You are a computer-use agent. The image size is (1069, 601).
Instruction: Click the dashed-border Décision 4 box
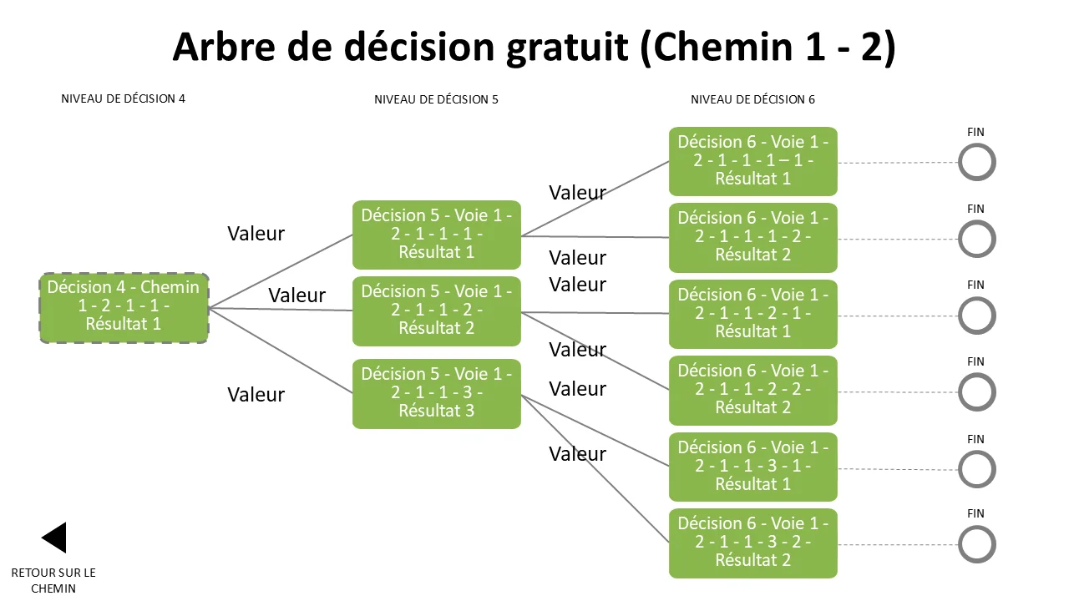pyautogui.click(x=124, y=308)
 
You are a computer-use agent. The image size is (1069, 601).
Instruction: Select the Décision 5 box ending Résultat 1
pyautogui.click(x=437, y=235)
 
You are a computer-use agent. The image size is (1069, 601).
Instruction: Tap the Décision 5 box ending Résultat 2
pyautogui.click(x=437, y=311)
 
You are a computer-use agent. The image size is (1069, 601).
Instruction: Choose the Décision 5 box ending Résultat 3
pyautogui.click(x=437, y=393)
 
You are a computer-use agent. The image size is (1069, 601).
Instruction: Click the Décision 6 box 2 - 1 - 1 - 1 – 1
pyautogui.click(x=753, y=161)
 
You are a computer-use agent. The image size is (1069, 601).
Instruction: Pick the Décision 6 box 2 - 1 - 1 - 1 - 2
pyautogui.click(x=753, y=238)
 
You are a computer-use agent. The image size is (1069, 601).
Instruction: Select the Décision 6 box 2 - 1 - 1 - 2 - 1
pyautogui.click(x=753, y=314)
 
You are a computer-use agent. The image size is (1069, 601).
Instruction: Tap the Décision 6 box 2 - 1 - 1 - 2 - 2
pyautogui.click(x=753, y=390)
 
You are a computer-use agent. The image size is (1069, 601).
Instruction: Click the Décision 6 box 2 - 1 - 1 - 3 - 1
pyautogui.click(x=753, y=467)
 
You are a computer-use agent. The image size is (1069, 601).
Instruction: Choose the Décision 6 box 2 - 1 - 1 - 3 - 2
pyautogui.click(x=753, y=543)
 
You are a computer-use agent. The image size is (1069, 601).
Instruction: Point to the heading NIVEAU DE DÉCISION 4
pyautogui.click(x=123, y=98)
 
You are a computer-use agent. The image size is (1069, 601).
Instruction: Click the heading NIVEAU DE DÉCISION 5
pyautogui.click(x=436, y=99)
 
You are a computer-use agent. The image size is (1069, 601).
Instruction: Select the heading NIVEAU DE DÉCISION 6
pyautogui.click(x=752, y=99)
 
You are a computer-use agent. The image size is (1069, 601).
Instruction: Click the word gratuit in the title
pyautogui.click(x=567, y=48)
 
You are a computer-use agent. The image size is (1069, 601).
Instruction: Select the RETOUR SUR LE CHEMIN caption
pyautogui.click(x=53, y=580)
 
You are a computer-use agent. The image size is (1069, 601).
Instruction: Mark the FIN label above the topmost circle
pyautogui.click(x=975, y=132)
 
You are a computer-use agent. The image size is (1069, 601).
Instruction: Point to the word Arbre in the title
pyautogui.click(x=224, y=47)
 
